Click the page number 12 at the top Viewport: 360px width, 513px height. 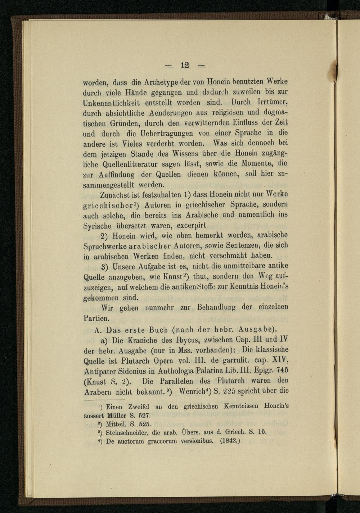tap(185, 66)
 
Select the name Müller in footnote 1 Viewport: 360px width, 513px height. tap(118, 414)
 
